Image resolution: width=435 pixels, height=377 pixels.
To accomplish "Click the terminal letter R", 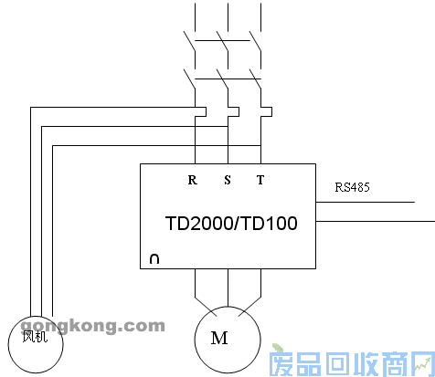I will click(x=192, y=180).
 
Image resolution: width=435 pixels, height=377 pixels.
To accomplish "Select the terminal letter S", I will click(x=228, y=180).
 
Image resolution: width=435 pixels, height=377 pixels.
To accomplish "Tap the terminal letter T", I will click(x=260, y=180).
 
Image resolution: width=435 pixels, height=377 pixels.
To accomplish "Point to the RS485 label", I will click(x=352, y=188).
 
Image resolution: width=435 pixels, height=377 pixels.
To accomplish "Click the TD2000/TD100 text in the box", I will click(x=231, y=223).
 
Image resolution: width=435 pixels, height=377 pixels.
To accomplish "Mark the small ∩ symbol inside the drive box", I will click(x=154, y=259).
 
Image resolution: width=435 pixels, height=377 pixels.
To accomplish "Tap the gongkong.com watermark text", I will click(x=92, y=325).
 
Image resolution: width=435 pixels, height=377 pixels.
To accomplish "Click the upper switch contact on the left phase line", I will click(x=190, y=40).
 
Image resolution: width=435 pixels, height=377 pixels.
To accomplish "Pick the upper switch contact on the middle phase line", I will click(x=223, y=40).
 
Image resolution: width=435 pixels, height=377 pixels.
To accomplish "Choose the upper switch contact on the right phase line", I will click(x=257, y=40).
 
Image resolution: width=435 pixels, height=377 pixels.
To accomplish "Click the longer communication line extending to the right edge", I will click(x=375, y=221).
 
